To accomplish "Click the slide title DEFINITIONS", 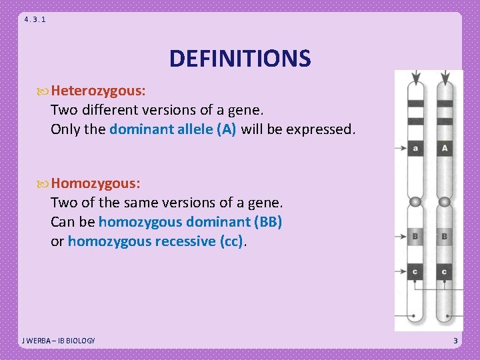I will click(240, 59).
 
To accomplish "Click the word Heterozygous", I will click(99, 90).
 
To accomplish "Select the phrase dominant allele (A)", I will click(173, 129).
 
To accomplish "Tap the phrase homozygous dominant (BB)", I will click(190, 221).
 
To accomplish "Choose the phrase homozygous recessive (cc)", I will click(156, 241).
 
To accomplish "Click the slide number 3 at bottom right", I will click(455, 341).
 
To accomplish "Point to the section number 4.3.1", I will click(35, 19).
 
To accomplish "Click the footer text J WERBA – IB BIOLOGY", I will click(59, 341).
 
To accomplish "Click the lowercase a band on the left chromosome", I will click(415, 148).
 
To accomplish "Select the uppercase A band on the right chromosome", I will click(444, 148).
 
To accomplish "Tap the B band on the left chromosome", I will click(415, 236).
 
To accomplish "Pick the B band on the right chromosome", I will click(444, 236).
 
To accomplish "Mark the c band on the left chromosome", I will click(415, 271).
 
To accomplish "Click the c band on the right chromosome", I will click(444, 271).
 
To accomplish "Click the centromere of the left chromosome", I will click(415, 202).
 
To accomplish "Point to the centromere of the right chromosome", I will click(444, 202).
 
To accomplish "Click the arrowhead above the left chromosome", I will click(416, 79).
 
